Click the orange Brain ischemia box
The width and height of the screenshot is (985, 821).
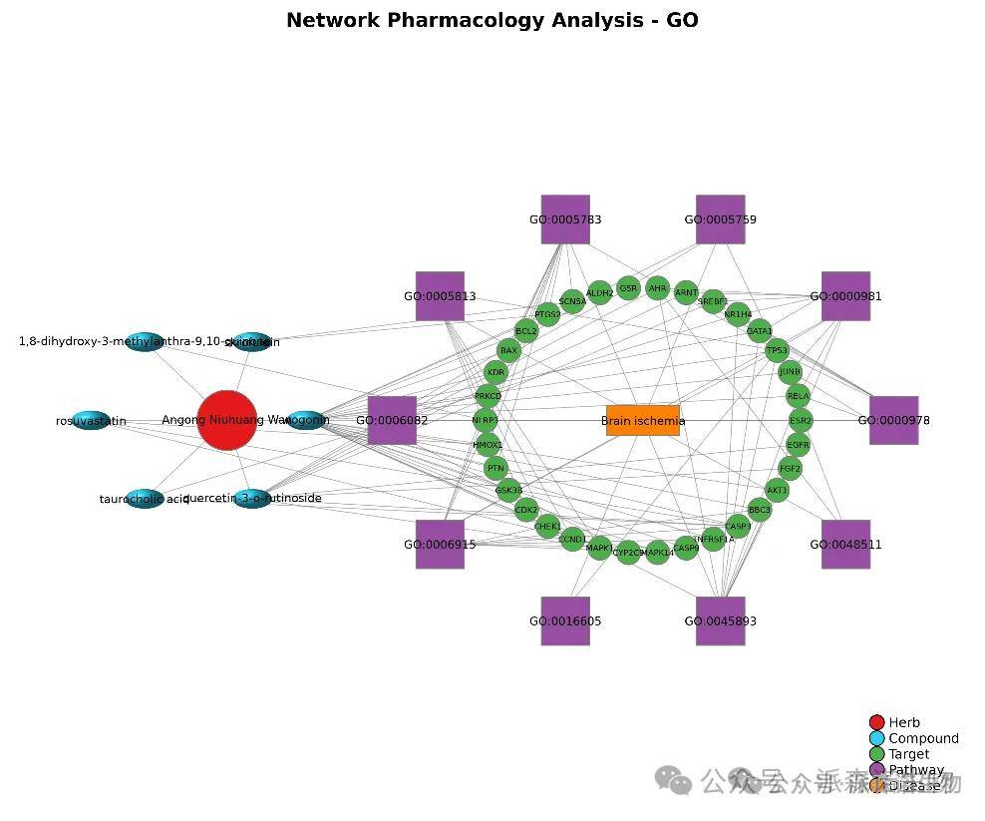(642, 420)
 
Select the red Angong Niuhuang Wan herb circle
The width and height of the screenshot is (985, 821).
(227, 420)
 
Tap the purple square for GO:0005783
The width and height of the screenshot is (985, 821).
(565, 219)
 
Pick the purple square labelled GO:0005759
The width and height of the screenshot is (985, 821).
(720, 219)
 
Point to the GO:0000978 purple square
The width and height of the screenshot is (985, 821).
(893, 420)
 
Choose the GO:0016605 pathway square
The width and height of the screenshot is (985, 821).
(565, 620)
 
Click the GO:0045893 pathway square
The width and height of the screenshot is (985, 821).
(720, 620)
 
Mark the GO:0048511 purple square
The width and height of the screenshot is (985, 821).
(845, 544)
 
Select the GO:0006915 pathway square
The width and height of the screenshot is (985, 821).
(440, 544)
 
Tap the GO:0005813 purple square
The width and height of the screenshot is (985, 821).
(440, 296)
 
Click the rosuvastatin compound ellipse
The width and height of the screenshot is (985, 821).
(91, 421)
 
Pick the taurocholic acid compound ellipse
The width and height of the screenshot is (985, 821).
(145, 498)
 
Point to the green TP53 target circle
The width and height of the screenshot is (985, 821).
(777, 350)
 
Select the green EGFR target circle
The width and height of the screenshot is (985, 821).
(798, 444)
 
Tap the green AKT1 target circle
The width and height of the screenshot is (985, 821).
(777, 490)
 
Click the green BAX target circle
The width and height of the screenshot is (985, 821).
(508, 350)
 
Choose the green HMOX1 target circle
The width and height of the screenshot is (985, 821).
(488, 445)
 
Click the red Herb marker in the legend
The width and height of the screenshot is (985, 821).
(876, 722)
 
